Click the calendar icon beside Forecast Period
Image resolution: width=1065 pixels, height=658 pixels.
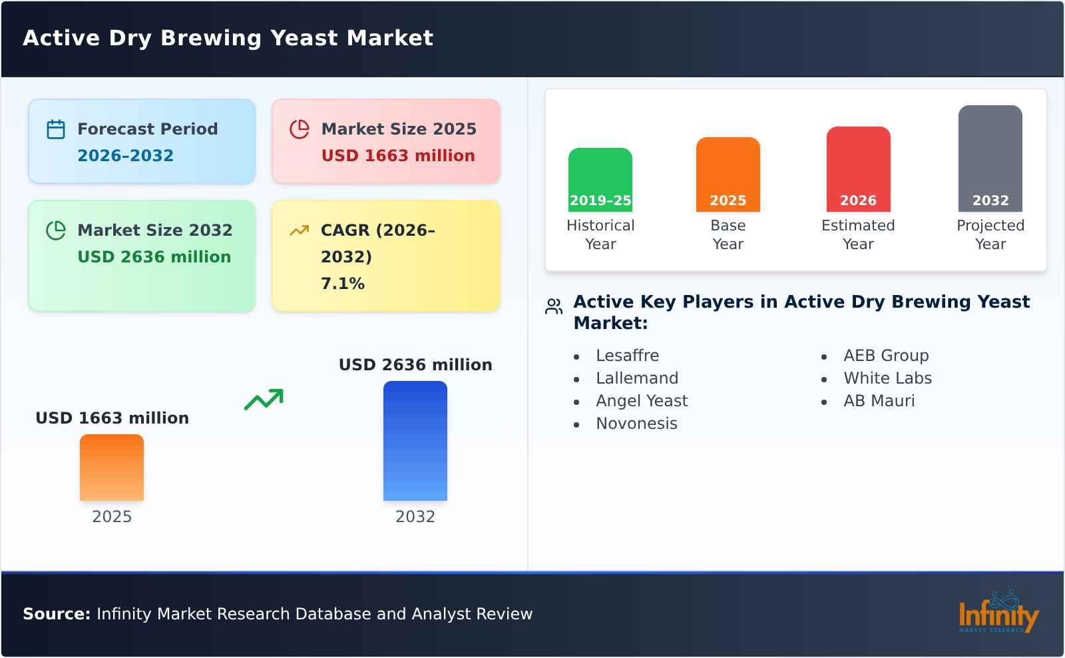click(x=56, y=129)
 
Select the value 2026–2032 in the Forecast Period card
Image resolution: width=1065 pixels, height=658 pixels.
click(x=125, y=156)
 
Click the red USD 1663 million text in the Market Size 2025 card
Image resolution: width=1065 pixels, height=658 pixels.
click(x=398, y=156)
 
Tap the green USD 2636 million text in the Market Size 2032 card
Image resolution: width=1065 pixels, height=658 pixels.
click(x=154, y=257)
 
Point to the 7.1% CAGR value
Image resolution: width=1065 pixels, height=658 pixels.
click(x=343, y=284)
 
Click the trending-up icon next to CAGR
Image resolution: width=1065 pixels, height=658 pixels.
click(x=300, y=230)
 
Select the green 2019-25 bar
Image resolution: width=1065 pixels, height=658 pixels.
click(x=600, y=180)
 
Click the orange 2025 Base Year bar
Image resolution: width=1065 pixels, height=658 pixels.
click(x=728, y=174)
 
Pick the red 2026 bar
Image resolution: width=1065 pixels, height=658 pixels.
click(x=858, y=169)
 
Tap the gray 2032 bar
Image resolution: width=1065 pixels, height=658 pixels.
click(x=990, y=159)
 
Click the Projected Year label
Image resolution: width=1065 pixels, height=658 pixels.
click(x=990, y=234)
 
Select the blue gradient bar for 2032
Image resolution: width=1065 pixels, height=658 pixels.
click(x=415, y=441)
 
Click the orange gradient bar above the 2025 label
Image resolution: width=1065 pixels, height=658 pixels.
click(x=112, y=468)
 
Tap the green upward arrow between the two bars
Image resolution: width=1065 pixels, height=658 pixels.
click(x=264, y=400)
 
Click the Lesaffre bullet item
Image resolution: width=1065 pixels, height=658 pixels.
click(x=627, y=356)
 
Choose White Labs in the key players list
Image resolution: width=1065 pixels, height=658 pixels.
click(x=887, y=378)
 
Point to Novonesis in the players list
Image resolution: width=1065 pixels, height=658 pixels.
click(x=636, y=424)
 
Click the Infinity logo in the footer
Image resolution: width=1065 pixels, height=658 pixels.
click(x=998, y=613)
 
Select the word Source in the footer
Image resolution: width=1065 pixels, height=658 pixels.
click(x=56, y=614)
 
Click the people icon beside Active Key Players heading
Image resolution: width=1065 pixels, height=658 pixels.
click(x=554, y=306)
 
